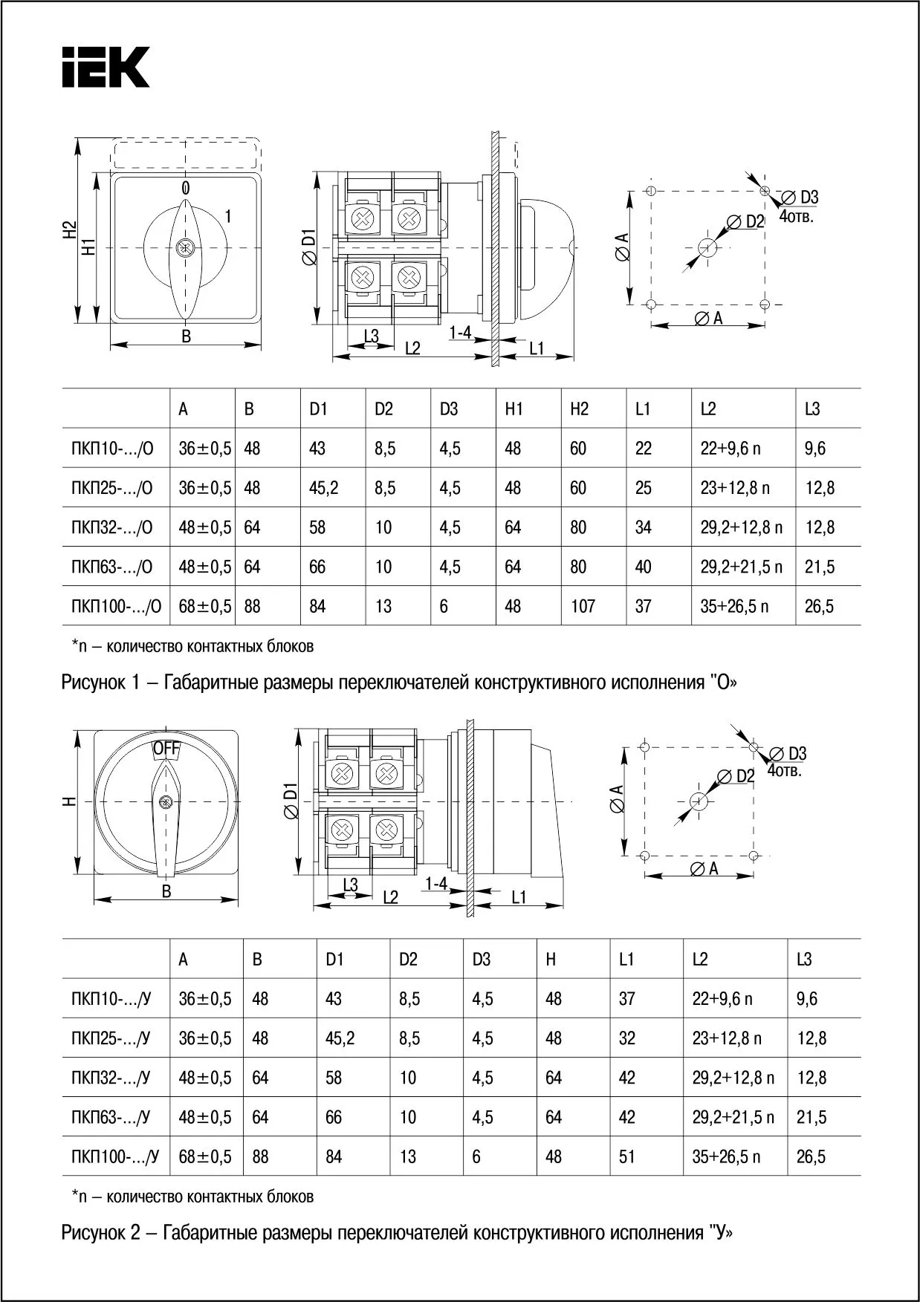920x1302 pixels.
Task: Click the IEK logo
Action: [x=105, y=68]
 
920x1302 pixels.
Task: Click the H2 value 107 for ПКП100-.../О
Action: [x=583, y=607]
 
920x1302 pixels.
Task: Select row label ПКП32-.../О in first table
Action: [x=111, y=528]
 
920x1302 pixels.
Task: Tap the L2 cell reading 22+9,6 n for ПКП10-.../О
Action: [x=730, y=449]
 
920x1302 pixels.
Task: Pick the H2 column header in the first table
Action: [x=579, y=409]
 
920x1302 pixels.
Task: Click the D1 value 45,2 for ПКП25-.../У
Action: [x=340, y=1038]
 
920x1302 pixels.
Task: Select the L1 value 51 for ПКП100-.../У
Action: [x=627, y=1156]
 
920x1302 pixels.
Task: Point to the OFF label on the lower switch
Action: [x=166, y=749]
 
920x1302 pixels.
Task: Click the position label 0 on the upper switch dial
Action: [x=185, y=187]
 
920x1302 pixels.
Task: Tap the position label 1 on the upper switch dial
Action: [x=228, y=217]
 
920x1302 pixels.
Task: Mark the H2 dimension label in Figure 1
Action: [x=69, y=230]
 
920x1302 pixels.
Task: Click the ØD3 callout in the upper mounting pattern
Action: [x=800, y=198]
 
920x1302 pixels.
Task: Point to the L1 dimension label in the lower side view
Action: [x=519, y=897]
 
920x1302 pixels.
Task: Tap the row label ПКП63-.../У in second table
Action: [x=111, y=1117]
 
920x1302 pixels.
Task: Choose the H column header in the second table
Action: [x=551, y=960]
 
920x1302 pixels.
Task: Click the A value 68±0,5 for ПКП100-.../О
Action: [x=204, y=607]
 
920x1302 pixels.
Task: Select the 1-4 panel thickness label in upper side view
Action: [x=461, y=333]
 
